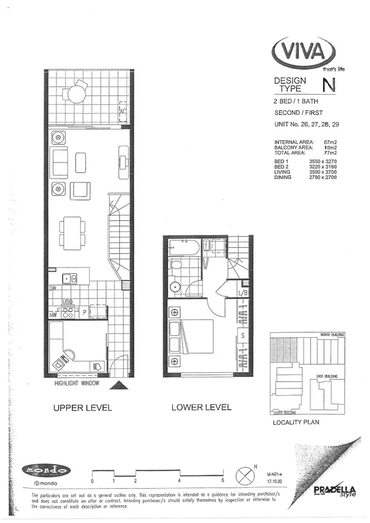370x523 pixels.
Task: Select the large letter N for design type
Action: coord(328,85)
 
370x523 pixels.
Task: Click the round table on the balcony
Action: coord(76,94)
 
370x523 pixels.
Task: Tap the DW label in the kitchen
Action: coord(53,289)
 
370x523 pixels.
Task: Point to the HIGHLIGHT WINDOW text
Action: coord(77,384)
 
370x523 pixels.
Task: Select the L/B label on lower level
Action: coord(243,292)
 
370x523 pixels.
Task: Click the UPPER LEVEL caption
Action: coord(83,408)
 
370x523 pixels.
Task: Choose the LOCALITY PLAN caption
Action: coord(296,422)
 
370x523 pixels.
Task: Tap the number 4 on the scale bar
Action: coord(179,481)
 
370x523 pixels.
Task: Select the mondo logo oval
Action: coord(46,470)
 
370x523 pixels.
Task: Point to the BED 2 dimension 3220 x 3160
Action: coord(322,166)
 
